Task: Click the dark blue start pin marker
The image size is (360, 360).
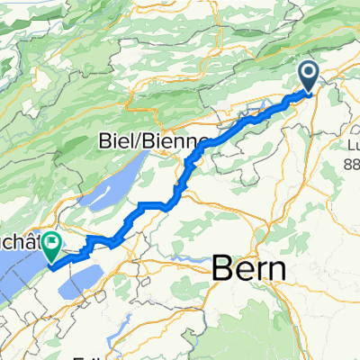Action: (308, 75)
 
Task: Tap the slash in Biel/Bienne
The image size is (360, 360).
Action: (149, 141)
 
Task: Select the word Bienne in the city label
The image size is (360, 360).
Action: (178, 141)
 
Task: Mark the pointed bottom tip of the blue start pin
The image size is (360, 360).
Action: (308, 92)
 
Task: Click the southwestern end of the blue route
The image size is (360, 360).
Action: (51, 266)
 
